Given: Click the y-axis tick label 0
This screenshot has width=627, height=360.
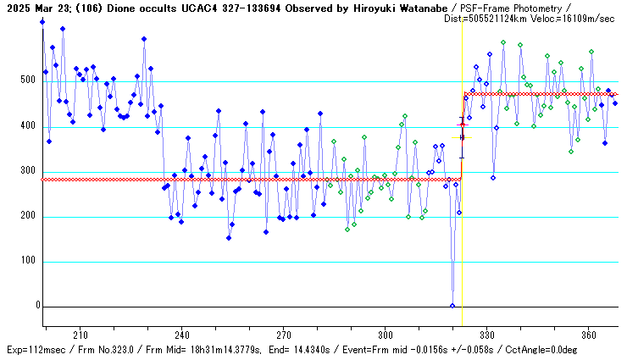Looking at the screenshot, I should coord(37,307).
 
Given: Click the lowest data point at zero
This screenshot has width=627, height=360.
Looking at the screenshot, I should coord(452,306).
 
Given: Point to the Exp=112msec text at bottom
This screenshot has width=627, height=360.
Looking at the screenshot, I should coord(35,349).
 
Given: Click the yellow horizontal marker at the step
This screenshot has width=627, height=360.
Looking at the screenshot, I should coord(462,137).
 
